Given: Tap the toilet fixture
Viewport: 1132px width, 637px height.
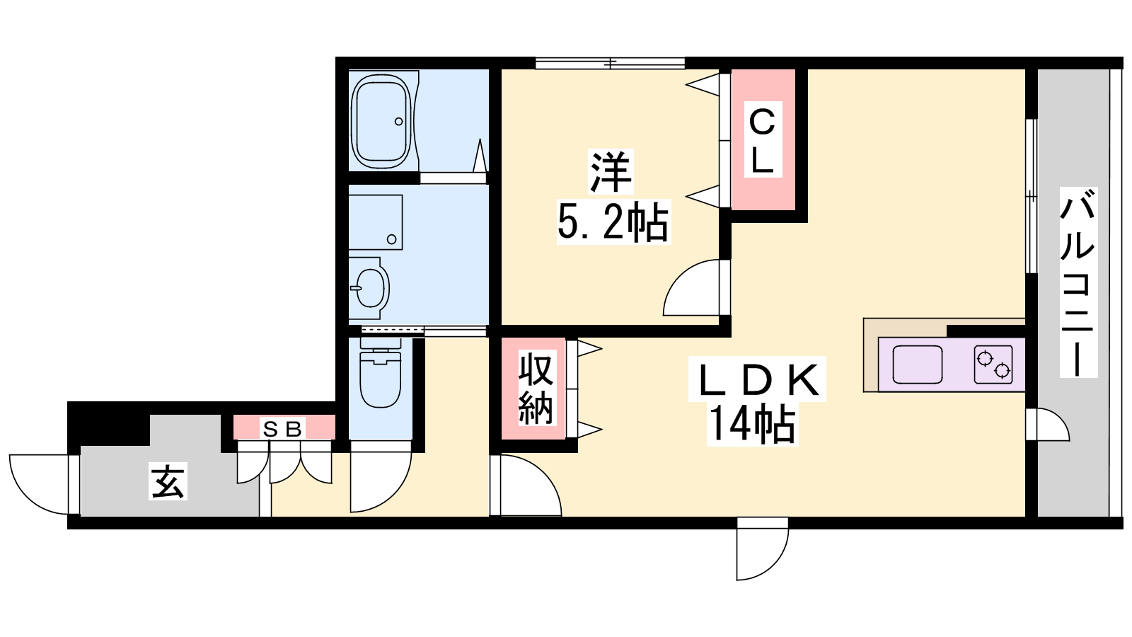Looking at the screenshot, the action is point(381,372).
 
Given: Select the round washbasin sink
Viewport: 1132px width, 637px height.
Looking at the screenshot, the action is point(370,287).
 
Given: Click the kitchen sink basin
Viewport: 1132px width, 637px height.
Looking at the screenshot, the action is point(917,365).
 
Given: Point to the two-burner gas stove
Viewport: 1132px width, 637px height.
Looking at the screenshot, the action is point(993,365).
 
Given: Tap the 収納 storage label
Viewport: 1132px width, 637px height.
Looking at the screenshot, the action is point(536,389).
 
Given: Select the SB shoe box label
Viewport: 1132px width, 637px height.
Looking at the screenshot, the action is point(282,430).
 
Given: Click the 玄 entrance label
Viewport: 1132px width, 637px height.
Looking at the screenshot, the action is point(168,481).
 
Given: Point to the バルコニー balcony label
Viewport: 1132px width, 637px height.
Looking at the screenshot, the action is point(1078,282).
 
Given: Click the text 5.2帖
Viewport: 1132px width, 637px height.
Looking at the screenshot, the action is point(613,222).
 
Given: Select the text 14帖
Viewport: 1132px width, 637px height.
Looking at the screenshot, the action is point(752,424).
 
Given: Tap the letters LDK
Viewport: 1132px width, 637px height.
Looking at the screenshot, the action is point(758,379).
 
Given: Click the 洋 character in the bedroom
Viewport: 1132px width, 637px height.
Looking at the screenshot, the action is point(611,172).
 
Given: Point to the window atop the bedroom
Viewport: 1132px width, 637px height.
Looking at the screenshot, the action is point(610,63).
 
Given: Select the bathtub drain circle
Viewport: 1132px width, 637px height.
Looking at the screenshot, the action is point(399,121).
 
